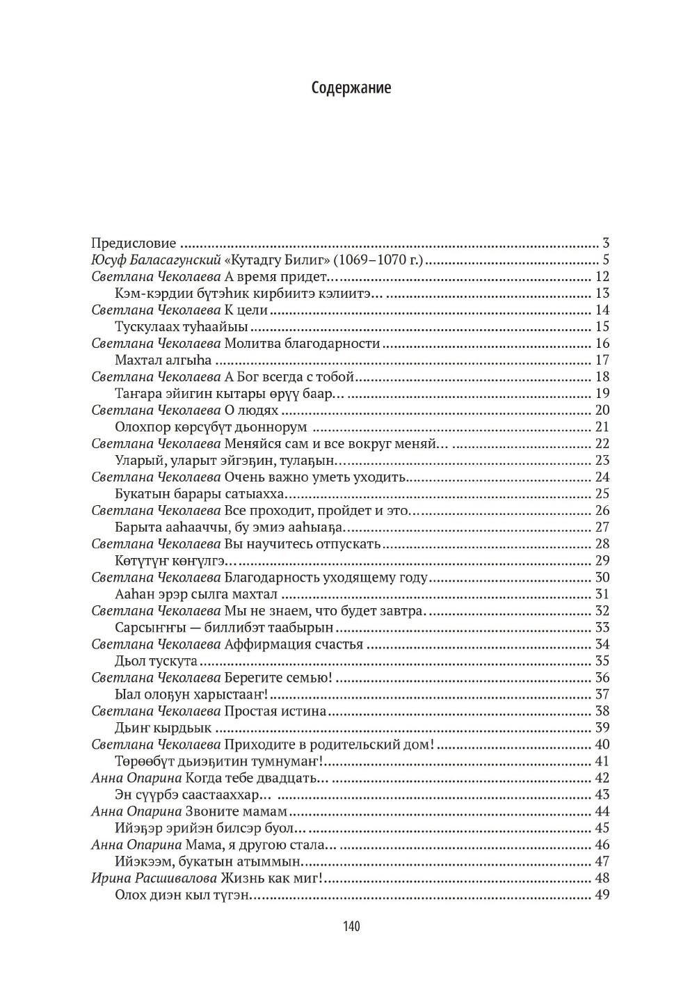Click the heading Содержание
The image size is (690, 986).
[351, 88]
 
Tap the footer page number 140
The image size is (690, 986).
[351, 926]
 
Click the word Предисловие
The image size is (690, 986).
[134, 244]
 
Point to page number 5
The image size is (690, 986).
[606, 260]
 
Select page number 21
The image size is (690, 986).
[602, 427]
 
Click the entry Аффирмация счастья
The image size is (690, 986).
[294, 644]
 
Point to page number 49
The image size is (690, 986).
[602, 895]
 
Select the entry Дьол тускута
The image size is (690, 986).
[156, 661]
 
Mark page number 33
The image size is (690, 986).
[602, 628]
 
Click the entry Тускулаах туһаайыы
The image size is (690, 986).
[182, 327]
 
